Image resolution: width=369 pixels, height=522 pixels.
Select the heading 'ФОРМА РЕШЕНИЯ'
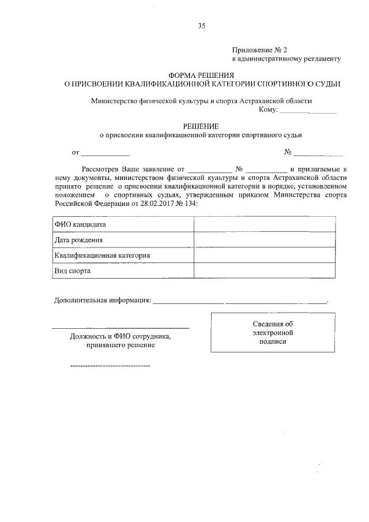[201, 75]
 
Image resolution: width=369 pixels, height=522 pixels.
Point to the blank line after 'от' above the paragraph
[106, 154]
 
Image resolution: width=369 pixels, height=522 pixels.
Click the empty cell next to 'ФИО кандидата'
[265, 224]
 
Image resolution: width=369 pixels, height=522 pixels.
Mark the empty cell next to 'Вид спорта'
[265, 271]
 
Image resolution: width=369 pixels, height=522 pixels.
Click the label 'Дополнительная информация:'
[102, 301]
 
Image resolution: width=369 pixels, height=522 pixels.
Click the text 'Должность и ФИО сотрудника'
[121, 336]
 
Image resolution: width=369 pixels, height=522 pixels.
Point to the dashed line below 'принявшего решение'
[110, 366]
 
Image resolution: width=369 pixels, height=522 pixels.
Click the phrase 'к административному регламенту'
[286, 59]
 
